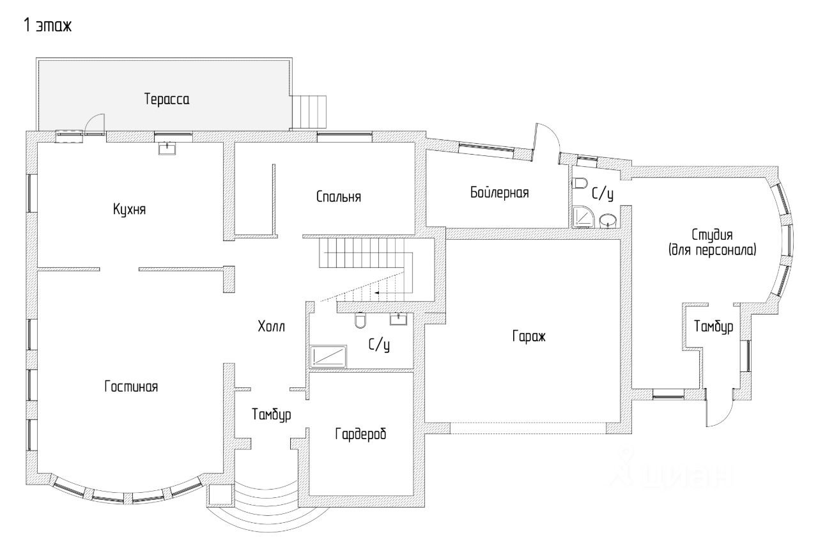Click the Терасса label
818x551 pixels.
pyautogui.click(x=167, y=100)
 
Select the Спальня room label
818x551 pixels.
pyautogui.click(x=339, y=197)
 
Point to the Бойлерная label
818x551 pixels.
pyautogui.click(x=500, y=193)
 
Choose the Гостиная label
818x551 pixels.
pyautogui.click(x=130, y=387)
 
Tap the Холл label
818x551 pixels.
pyautogui.click(x=271, y=326)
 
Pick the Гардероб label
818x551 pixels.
pyautogui.click(x=361, y=435)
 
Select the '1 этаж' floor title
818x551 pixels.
pyautogui.click(x=47, y=26)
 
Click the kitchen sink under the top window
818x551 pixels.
pyautogui.click(x=167, y=149)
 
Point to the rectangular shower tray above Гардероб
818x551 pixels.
pyautogui.click(x=328, y=356)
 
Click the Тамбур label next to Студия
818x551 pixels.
pyautogui.click(x=713, y=326)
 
